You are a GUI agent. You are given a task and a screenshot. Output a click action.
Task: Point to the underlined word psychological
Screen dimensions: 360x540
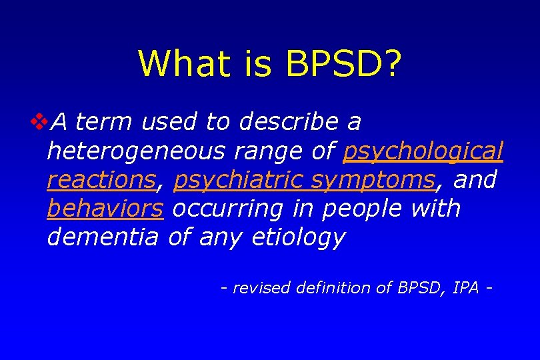coord(423,151)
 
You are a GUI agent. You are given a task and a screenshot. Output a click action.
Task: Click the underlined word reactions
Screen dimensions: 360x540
coord(100,180)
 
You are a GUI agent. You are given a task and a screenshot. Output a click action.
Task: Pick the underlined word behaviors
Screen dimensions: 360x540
coord(105,209)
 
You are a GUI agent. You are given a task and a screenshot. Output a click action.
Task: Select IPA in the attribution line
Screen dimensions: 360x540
coord(465,288)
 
